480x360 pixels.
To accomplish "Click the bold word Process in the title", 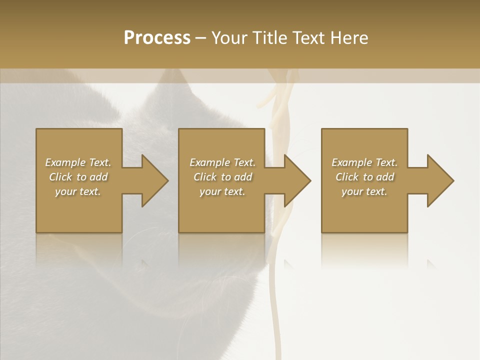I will pos(157,38).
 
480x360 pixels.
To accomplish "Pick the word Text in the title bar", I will pos(309,38).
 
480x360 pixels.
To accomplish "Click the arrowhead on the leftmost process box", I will pos(152,180).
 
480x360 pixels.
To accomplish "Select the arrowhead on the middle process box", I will pos(295,180).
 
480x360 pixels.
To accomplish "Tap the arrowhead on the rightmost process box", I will pos(438,180).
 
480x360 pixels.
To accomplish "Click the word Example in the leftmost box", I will pos(65,162).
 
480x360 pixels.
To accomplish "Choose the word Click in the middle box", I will pos(205,177).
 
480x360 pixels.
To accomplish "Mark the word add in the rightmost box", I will pos(385,177).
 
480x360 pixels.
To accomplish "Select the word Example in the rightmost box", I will pos(352,162).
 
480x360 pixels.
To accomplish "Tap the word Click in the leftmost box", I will pos(60,177).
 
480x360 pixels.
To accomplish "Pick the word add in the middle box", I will pos(243,177).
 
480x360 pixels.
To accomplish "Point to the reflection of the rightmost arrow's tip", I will pos(431,263).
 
